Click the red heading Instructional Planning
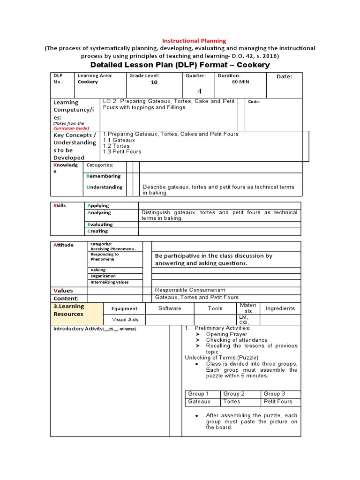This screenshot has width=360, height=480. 194,41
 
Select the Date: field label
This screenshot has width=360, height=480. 284,77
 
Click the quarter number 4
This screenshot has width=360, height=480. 199,91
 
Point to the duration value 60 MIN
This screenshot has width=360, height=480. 241,82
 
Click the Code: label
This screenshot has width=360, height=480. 254,102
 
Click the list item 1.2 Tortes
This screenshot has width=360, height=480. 115,146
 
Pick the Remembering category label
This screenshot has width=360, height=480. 104,176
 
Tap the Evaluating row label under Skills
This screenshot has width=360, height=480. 100,225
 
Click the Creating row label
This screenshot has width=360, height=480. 97,231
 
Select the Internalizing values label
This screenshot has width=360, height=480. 110,282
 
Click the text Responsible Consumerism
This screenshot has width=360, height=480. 190,290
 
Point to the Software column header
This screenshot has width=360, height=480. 170,308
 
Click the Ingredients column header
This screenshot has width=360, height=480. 280,308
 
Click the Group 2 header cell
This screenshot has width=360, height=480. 234,394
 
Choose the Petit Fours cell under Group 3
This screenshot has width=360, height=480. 277,402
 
